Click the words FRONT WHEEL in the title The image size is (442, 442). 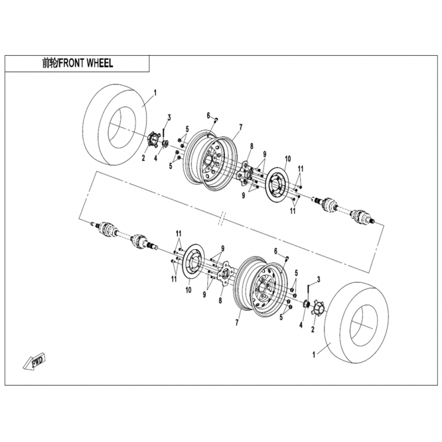coord(86,63)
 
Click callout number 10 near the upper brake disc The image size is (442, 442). coord(287,159)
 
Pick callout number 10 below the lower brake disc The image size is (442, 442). coord(188,290)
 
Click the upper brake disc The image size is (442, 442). coord(276,185)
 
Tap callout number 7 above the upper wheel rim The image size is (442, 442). coord(240,128)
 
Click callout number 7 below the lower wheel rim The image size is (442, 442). coord(237,323)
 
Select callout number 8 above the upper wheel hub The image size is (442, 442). coord(251,146)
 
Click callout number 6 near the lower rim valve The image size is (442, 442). coord(276,251)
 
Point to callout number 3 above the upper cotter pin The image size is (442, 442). coord(169,118)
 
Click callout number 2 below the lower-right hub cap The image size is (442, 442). coord(313,329)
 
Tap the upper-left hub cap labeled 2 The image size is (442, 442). coord(154,139)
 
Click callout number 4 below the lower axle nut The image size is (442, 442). coord(301,325)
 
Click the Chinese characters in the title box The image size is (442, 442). coord(49,63)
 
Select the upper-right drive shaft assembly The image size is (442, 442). coord(344,209)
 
